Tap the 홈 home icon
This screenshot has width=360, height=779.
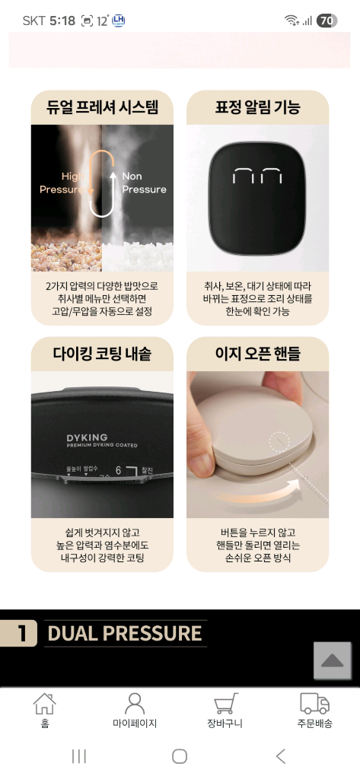click(45, 704)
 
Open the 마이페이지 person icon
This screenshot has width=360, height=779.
click(135, 704)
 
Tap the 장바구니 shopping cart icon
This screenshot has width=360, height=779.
click(225, 704)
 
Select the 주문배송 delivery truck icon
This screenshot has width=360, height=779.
click(314, 704)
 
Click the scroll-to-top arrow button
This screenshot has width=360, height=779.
click(333, 660)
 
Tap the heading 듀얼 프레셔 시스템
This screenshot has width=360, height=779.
click(102, 107)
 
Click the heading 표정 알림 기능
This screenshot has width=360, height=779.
click(257, 107)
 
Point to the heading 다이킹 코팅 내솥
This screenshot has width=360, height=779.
click(102, 354)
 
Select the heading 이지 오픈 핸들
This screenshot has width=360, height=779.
click(257, 354)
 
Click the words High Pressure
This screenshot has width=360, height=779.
click(62, 183)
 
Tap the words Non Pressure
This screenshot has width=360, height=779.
click(143, 183)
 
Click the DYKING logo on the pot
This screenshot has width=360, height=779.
click(88, 438)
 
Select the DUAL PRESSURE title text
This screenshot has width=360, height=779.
click(125, 633)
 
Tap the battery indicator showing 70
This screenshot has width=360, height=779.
click(327, 21)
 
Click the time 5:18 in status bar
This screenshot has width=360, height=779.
click(62, 21)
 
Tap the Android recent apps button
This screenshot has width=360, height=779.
click(78, 755)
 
